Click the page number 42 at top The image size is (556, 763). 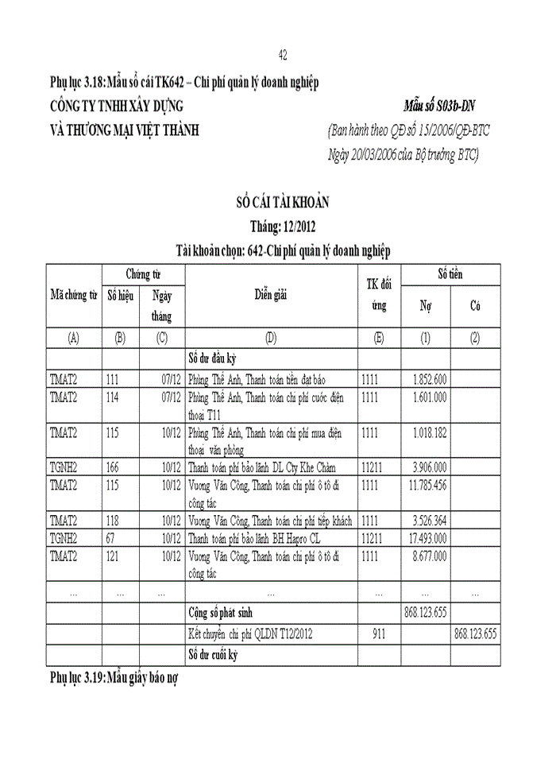click(x=283, y=55)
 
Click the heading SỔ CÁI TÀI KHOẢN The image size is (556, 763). click(x=284, y=203)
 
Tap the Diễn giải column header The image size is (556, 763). click(x=270, y=295)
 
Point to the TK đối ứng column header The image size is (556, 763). click(x=379, y=295)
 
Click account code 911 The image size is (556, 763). click(x=379, y=633)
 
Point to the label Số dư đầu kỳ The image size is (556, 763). click(x=215, y=358)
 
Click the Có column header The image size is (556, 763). click(x=475, y=305)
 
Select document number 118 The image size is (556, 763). click(x=112, y=521)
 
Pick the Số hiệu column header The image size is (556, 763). click(x=120, y=295)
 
